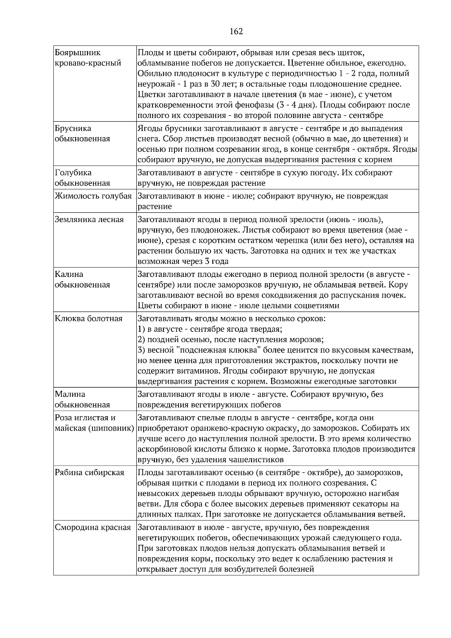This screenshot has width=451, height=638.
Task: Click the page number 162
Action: click(236, 31)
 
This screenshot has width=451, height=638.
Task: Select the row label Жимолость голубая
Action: click(93, 196)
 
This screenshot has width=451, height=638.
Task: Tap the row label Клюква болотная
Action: click(89, 319)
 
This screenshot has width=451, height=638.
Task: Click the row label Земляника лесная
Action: click(89, 219)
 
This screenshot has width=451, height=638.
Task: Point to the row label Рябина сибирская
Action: click(89, 473)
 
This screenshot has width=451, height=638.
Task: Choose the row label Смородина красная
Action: click(93, 528)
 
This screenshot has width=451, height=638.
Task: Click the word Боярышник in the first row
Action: click(78, 53)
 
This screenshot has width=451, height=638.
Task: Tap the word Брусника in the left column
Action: click(73, 129)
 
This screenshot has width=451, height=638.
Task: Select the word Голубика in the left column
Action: click(73, 173)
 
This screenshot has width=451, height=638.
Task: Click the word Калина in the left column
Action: click(69, 274)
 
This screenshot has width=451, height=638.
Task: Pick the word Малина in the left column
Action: click(70, 395)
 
